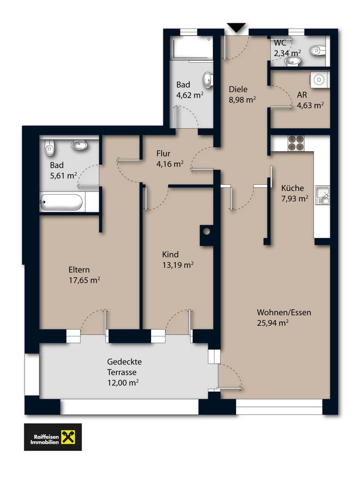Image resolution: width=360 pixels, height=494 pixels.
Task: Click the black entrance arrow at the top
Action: tap(236, 28)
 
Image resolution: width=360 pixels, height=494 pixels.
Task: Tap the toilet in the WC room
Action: tap(317, 51)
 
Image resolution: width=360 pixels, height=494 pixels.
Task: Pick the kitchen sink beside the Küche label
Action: tap(322, 196)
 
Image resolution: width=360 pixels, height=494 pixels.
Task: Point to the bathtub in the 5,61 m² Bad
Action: tap(61, 202)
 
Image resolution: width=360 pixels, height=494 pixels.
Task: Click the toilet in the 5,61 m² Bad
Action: tap(49, 147)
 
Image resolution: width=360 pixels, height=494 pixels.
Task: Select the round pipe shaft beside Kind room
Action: tap(206, 231)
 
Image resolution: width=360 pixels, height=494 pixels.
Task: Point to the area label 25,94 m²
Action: tap(273, 323)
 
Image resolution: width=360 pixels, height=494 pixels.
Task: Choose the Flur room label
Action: tap(163, 153)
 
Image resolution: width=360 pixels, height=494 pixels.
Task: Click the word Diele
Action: tap(238, 89)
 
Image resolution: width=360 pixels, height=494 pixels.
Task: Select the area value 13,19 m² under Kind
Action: tap(178, 265)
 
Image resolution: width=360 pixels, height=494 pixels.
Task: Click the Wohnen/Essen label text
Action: tap(284, 313)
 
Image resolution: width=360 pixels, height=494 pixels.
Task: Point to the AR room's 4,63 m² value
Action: tap(310, 105)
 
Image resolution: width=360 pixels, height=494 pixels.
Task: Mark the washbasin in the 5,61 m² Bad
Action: tap(79, 145)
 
